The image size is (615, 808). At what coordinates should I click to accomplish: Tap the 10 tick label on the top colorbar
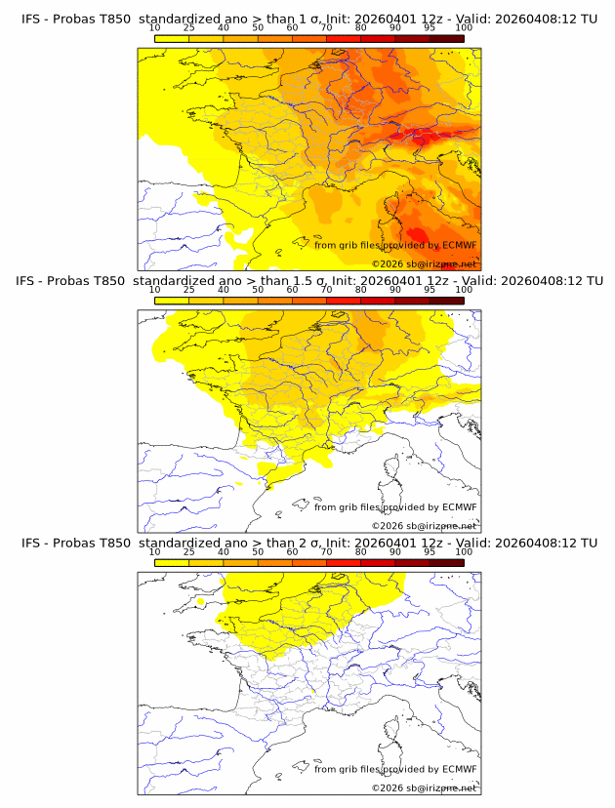click(x=155, y=27)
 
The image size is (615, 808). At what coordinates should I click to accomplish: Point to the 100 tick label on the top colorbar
click(x=464, y=27)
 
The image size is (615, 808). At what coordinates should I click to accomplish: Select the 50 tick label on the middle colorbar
click(x=258, y=290)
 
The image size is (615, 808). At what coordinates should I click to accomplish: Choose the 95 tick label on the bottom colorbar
click(x=430, y=551)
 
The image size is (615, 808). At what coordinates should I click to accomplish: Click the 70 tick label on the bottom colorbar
click(x=326, y=551)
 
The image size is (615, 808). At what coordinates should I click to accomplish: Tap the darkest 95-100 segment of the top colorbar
click(x=446, y=38)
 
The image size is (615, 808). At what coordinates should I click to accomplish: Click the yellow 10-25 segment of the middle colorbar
click(x=172, y=301)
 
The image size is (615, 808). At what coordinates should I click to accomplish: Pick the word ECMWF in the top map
click(x=460, y=245)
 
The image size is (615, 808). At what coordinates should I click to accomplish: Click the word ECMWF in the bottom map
click(x=460, y=769)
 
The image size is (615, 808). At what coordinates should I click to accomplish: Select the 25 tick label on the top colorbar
click(x=189, y=27)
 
